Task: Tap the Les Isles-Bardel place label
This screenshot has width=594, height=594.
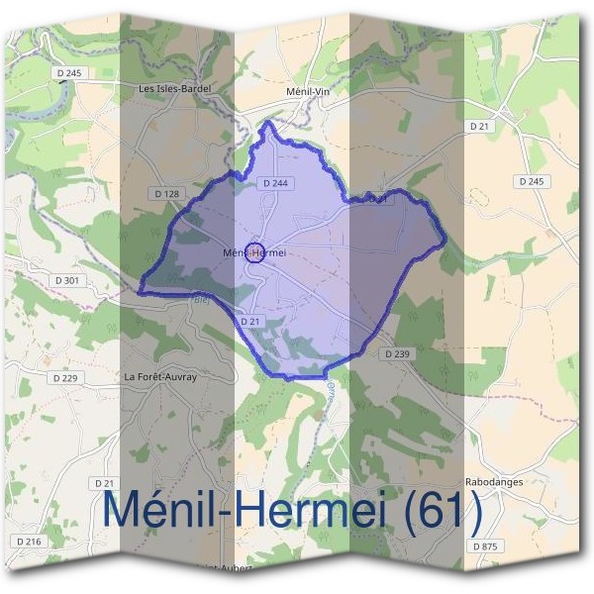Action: [x=176, y=88]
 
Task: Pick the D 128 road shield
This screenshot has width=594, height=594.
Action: [x=166, y=194]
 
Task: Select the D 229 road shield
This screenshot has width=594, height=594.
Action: [x=64, y=377]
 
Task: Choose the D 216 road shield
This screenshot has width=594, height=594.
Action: [x=31, y=542]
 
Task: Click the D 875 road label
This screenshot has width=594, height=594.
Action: [x=484, y=545]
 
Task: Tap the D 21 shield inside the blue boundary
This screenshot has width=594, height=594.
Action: [x=249, y=323]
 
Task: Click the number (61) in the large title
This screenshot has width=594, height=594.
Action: [x=434, y=512]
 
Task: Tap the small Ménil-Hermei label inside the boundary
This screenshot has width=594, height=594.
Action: [x=254, y=252]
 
